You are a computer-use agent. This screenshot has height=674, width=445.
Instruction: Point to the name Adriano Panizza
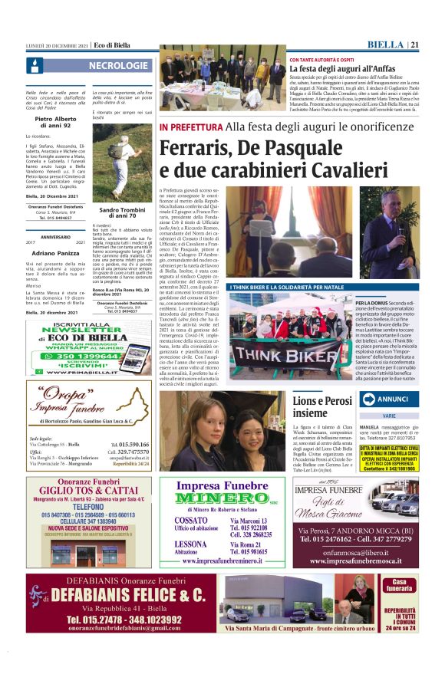55,252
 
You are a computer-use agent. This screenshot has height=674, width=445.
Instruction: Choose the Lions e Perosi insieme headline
323,406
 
